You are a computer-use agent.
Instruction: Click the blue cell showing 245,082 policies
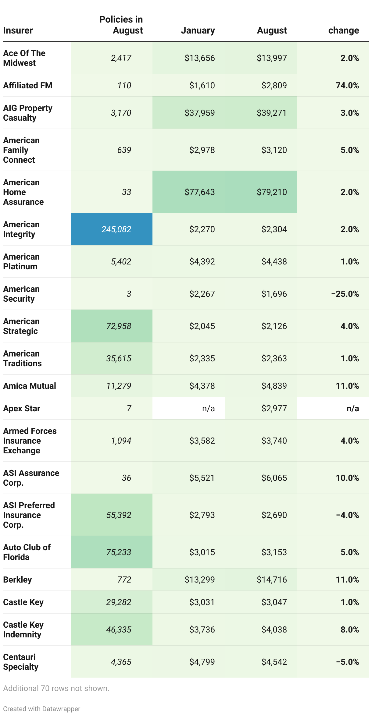click(116, 229)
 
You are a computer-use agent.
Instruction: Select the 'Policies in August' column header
click(121, 25)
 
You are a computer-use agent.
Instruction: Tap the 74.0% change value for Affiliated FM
click(347, 85)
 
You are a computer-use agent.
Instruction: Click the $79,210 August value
click(272, 192)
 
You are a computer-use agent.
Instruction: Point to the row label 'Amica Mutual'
click(30, 386)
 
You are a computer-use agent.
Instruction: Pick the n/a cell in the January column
click(208, 408)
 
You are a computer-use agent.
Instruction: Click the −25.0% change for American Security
click(345, 294)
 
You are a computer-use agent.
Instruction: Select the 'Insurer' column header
click(18, 30)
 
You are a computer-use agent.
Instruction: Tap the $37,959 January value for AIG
click(200, 113)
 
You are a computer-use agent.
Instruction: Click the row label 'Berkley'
click(17, 580)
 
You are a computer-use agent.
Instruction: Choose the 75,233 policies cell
click(119, 552)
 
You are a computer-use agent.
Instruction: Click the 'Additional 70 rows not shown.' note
click(56, 688)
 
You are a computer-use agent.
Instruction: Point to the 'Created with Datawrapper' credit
click(42, 709)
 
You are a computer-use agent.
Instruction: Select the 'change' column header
click(343, 30)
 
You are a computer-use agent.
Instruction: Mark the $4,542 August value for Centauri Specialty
click(274, 662)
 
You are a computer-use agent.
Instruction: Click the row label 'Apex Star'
click(22, 408)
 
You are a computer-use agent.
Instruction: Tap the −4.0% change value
click(347, 515)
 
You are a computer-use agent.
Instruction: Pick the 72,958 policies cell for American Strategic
click(119, 326)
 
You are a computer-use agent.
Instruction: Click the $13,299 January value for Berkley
click(200, 580)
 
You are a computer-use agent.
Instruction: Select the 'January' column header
click(198, 30)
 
